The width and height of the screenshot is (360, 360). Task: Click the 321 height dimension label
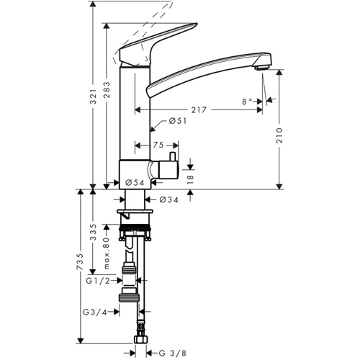coord(94,96)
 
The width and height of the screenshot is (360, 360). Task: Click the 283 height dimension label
coord(107,90)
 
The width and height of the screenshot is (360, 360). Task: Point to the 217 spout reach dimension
coord(199,110)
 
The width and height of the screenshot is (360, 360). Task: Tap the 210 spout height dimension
coord(279,135)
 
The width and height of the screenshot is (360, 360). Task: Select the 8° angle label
coord(247,102)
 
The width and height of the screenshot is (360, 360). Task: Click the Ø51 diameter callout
coord(178,121)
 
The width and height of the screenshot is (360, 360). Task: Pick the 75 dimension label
coord(158,145)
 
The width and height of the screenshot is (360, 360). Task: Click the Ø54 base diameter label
coord(135,183)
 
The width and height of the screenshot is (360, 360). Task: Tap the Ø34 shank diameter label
coord(169,199)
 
